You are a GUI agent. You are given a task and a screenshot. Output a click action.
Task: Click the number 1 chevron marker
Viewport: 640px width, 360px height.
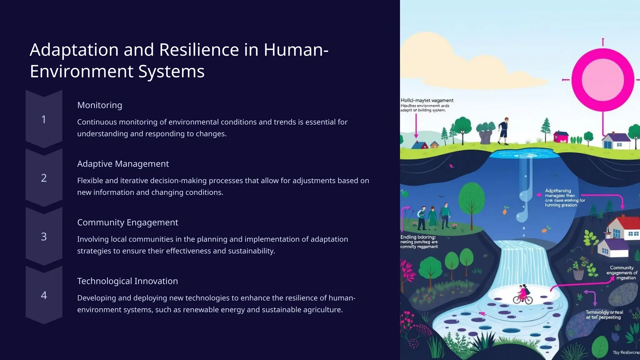[x=44, y=119]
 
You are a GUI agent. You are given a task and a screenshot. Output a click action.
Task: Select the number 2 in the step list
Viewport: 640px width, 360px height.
[x=44, y=178]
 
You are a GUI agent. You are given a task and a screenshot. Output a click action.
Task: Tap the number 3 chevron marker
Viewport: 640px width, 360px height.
[x=44, y=237]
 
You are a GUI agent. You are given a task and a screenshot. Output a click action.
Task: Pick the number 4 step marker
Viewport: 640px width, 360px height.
[x=44, y=295]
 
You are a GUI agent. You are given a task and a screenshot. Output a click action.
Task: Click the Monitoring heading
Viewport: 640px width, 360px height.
[x=99, y=105]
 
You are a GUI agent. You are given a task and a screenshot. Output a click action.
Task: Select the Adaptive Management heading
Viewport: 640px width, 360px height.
[x=123, y=164]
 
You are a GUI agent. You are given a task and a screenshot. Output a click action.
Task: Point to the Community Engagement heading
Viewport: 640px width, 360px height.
[x=127, y=222]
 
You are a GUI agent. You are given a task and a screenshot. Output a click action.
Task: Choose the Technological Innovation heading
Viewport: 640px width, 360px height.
[x=127, y=281]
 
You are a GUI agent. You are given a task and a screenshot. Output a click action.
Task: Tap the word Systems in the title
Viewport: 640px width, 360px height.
[x=171, y=71]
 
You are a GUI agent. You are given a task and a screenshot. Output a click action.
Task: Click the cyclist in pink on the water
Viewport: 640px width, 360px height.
[x=522, y=294]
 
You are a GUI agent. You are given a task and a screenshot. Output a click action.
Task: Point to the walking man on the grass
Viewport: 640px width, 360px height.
[x=504, y=131]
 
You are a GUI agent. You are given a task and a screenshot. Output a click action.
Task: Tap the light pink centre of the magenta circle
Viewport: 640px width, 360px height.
[x=603, y=80]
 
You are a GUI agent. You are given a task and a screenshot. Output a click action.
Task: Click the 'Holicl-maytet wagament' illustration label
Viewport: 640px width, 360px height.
[x=427, y=100]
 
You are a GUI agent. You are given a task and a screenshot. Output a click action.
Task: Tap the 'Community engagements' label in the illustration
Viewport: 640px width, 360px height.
[x=622, y=272]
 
